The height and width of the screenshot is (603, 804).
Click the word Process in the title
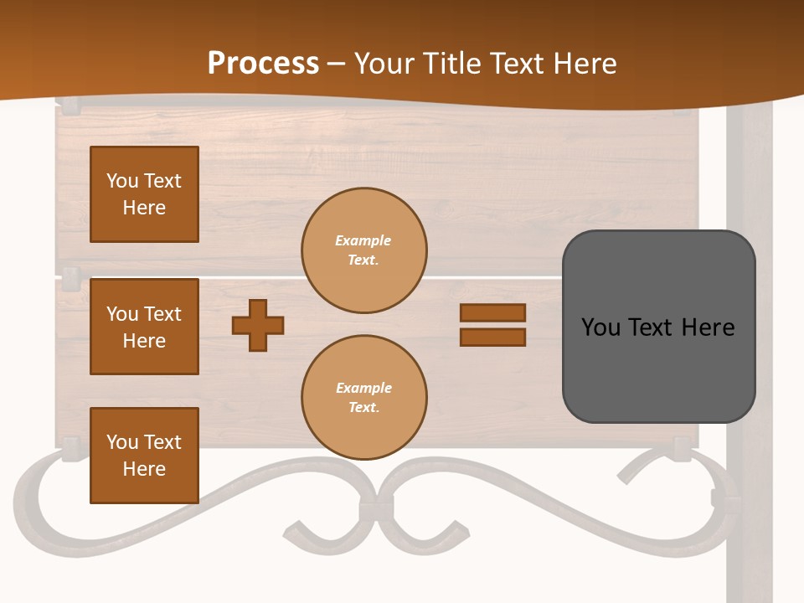point(263,64)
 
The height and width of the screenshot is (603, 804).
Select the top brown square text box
point(144,194)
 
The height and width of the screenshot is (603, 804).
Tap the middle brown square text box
point(144,327)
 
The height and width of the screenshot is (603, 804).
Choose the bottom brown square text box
point(144,456)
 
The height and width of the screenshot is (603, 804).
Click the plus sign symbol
point(258,325)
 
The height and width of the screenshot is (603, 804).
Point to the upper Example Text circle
point(364,250)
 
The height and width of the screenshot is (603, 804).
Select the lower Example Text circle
point(364,398)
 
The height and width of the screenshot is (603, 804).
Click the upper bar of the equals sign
point(492,313)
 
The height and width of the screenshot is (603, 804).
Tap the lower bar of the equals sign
point(492,338)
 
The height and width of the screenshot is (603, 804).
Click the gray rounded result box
point(658,368)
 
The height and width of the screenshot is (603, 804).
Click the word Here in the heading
point(582,64)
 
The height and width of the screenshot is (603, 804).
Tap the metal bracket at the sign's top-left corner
point(70,106)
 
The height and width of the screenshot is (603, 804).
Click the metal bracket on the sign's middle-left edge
point(70,278)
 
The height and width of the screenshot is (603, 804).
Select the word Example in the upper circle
point(363,241)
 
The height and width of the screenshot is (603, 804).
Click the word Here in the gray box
point(709,327)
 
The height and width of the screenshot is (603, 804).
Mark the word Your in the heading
point(384,64)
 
